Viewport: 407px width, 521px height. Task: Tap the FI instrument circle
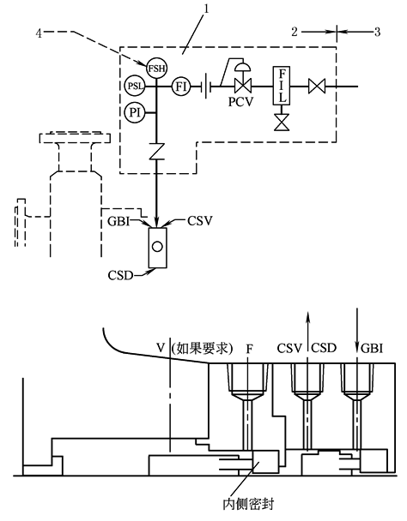coord(182,86)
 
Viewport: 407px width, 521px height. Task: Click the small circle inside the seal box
coord(157,246)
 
